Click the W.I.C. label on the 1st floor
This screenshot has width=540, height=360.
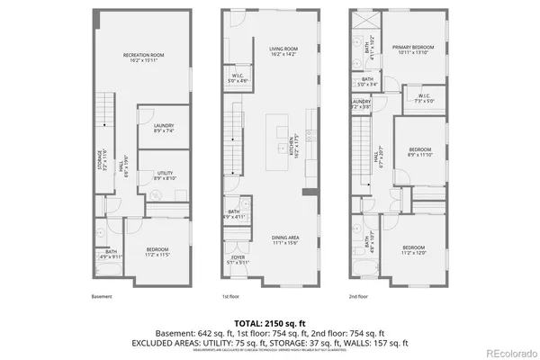[x=238, y=78]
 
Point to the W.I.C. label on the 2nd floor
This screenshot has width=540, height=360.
[x=425, y=98]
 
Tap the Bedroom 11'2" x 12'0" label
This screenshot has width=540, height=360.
[x=414, y=249]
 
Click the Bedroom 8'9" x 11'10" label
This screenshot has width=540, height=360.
[x=420, y=152]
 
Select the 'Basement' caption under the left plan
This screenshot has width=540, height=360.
[x=102, y=296]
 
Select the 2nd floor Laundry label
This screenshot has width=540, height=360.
[x=361, y=103]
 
